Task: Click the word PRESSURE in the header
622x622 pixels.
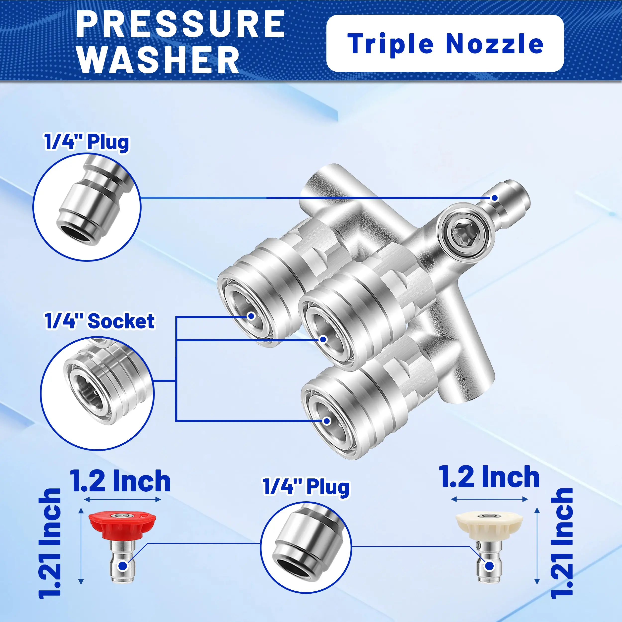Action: point(181,24)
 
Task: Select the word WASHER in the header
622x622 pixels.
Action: point(158,59)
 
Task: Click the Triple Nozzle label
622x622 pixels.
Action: point(446,44)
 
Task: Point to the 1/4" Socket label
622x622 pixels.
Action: point(100,321)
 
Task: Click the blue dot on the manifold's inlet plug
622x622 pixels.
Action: point(495,198)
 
